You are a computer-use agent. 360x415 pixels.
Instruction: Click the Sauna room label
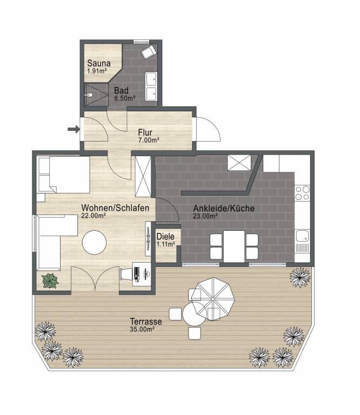[99, 63]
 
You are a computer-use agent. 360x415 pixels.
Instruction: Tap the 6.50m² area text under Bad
[125, 98]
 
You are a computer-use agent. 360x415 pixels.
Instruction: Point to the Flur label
[145, 132]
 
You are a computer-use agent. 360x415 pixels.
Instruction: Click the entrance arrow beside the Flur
[74, 129]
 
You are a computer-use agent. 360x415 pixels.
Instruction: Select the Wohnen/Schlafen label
[115, 207]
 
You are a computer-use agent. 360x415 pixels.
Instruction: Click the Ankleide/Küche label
[224, 208]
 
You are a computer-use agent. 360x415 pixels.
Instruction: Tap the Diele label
[165, 236]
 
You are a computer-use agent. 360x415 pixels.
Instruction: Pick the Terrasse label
[146, 322]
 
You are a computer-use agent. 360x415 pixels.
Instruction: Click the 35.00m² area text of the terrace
[142, 329]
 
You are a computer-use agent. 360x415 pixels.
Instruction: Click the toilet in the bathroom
[148, 52]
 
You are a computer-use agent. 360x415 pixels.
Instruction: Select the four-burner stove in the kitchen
[303, 193]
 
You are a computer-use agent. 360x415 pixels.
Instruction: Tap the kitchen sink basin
[302, 236]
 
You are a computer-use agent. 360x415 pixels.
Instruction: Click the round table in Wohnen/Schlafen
[94, 243]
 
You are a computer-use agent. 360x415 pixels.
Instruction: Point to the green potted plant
[50, 281]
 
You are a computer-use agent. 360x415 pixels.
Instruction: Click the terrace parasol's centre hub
[213, 298]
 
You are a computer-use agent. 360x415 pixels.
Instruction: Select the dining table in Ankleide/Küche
[234, 246]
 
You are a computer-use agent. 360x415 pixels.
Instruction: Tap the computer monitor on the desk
[136, 274]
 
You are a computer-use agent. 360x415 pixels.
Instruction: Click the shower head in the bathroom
[89, 94]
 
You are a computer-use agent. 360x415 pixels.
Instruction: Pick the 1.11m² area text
[166, 244]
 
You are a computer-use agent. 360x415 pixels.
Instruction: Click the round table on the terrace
[194, 314]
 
